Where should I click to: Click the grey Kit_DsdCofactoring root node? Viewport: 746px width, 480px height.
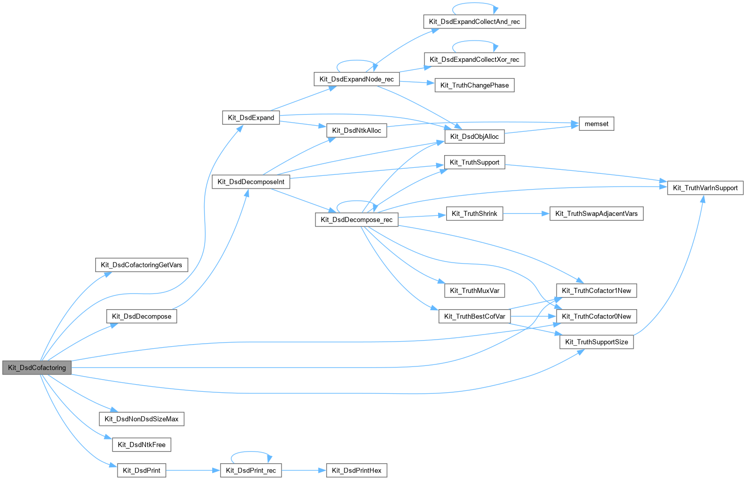coord(37,367)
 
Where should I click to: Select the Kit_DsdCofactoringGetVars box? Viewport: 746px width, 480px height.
coord(141,265)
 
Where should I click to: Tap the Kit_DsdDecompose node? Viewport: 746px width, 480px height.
coord(141,316)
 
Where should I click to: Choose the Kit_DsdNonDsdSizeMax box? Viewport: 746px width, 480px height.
coord(141,419)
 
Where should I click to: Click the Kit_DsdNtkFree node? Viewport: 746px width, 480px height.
coord(141,445)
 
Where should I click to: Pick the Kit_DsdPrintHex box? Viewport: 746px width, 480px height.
coord(357,470)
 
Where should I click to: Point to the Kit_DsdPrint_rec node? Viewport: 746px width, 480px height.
coord(251,470)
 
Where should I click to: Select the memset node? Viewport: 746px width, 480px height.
coord(596,124)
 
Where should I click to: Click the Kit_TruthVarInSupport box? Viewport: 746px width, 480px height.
coord(705,188)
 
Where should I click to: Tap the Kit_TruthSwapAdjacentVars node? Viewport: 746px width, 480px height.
coord(596,213)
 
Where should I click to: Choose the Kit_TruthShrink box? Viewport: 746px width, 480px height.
coord(475,213)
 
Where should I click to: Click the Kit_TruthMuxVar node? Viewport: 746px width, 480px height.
coord(475,290)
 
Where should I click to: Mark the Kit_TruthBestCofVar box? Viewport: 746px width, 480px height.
coord(475,316)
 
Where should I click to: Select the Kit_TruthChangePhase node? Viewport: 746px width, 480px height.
coord(475,85)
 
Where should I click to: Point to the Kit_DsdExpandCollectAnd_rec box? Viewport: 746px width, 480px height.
coord(475,21)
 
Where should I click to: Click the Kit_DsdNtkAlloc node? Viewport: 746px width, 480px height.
coord(357,130)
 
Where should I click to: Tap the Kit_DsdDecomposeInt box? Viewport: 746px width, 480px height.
coord(251,181)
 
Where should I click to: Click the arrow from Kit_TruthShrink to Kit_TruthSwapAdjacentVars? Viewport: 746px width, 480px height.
coord(526,213)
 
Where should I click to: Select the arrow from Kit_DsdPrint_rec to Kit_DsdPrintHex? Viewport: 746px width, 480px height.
coord(304,470)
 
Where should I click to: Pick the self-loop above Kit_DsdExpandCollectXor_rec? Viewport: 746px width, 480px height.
coord(475,41)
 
